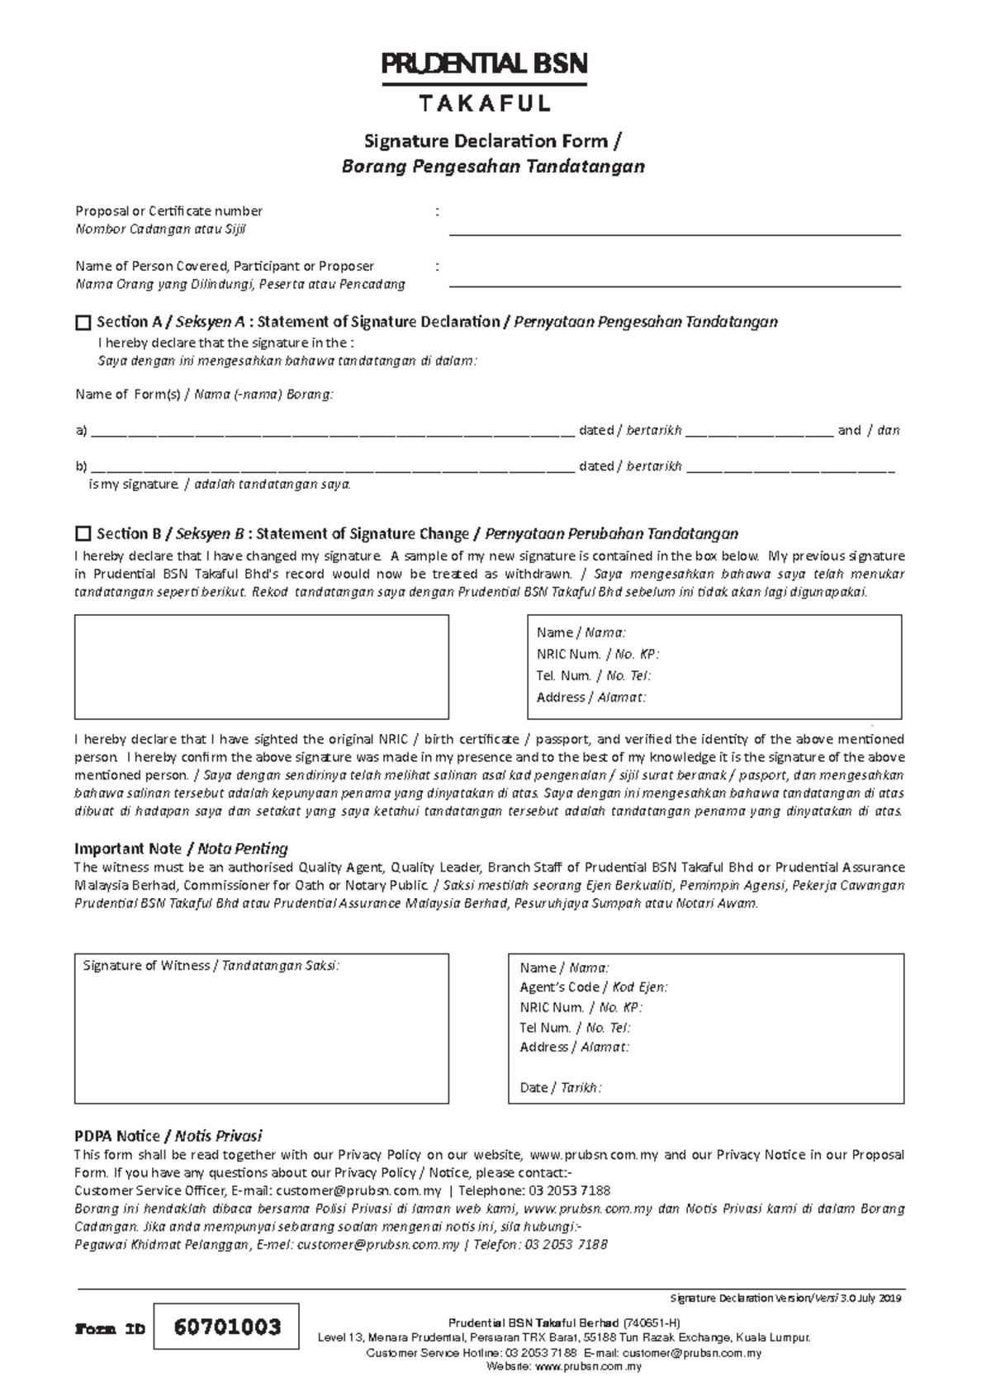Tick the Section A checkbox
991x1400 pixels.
click(x=83, y=322)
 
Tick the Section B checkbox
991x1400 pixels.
click(x=83, y=533)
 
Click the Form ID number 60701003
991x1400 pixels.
click(x=227, y=1327)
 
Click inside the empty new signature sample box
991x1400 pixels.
click(x=261, y=667)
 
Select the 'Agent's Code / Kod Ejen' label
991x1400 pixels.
click(x=593, y=987)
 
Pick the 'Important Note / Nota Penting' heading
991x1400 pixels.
click(x=181, y=849)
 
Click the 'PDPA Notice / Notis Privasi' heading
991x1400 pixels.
click(x=168, y=1136)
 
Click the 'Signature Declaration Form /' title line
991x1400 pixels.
click(x=492, y=141)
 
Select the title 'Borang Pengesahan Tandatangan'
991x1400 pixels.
click(x=492, y=167)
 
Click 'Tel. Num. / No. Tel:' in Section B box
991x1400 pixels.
click(x=593, y=675)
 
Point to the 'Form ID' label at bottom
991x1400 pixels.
click(x=110, y=1329)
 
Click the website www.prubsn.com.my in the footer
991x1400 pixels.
click(x=588, y=1366)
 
